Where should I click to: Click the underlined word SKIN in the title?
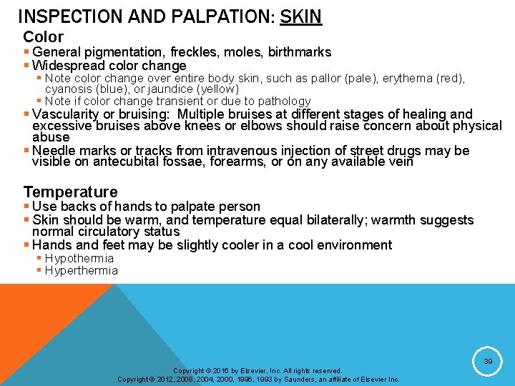point(300,16)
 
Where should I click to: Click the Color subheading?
point(43,36)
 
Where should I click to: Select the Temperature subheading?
point(70,192)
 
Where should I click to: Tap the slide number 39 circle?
point(488,362)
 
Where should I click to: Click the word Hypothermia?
point(79,258)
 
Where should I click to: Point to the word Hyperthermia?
point(81,270)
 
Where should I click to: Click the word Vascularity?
point(67,114)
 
